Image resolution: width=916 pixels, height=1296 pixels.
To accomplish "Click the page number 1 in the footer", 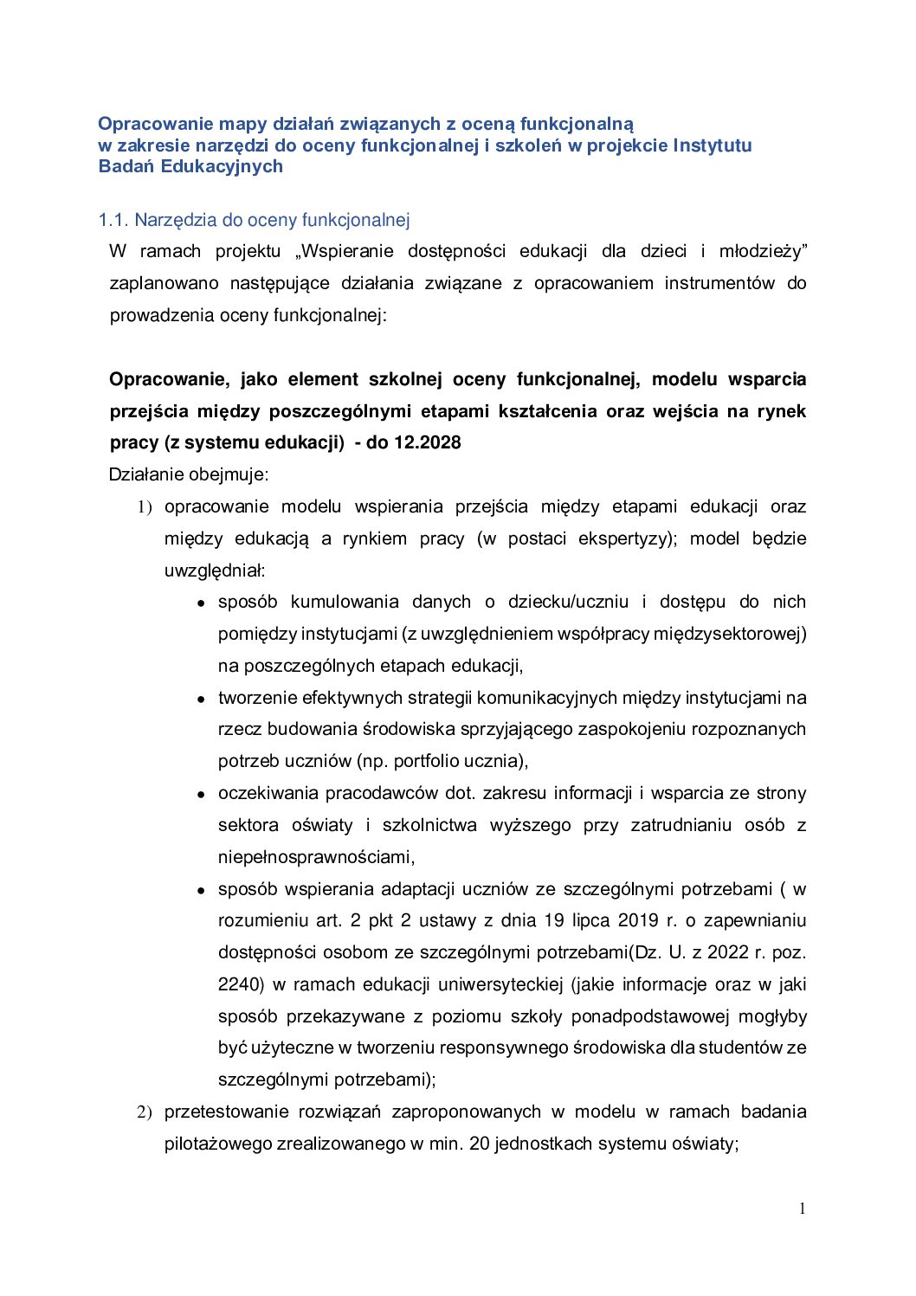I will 803,1209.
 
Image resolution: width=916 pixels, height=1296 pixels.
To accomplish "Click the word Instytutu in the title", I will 713,145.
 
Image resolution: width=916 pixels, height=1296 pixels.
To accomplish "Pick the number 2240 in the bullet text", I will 240,984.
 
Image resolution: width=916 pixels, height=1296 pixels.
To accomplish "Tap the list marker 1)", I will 145,506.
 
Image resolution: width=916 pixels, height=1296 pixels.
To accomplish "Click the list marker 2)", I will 145,1112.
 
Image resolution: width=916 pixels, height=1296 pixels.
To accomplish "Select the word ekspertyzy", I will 626,538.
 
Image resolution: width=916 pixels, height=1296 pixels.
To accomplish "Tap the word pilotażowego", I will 218,1144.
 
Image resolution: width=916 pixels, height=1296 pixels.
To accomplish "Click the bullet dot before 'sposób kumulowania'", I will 200,603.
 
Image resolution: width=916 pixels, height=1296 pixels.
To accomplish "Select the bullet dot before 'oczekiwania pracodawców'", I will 200,795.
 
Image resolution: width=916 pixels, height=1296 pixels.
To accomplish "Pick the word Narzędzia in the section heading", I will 172,220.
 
